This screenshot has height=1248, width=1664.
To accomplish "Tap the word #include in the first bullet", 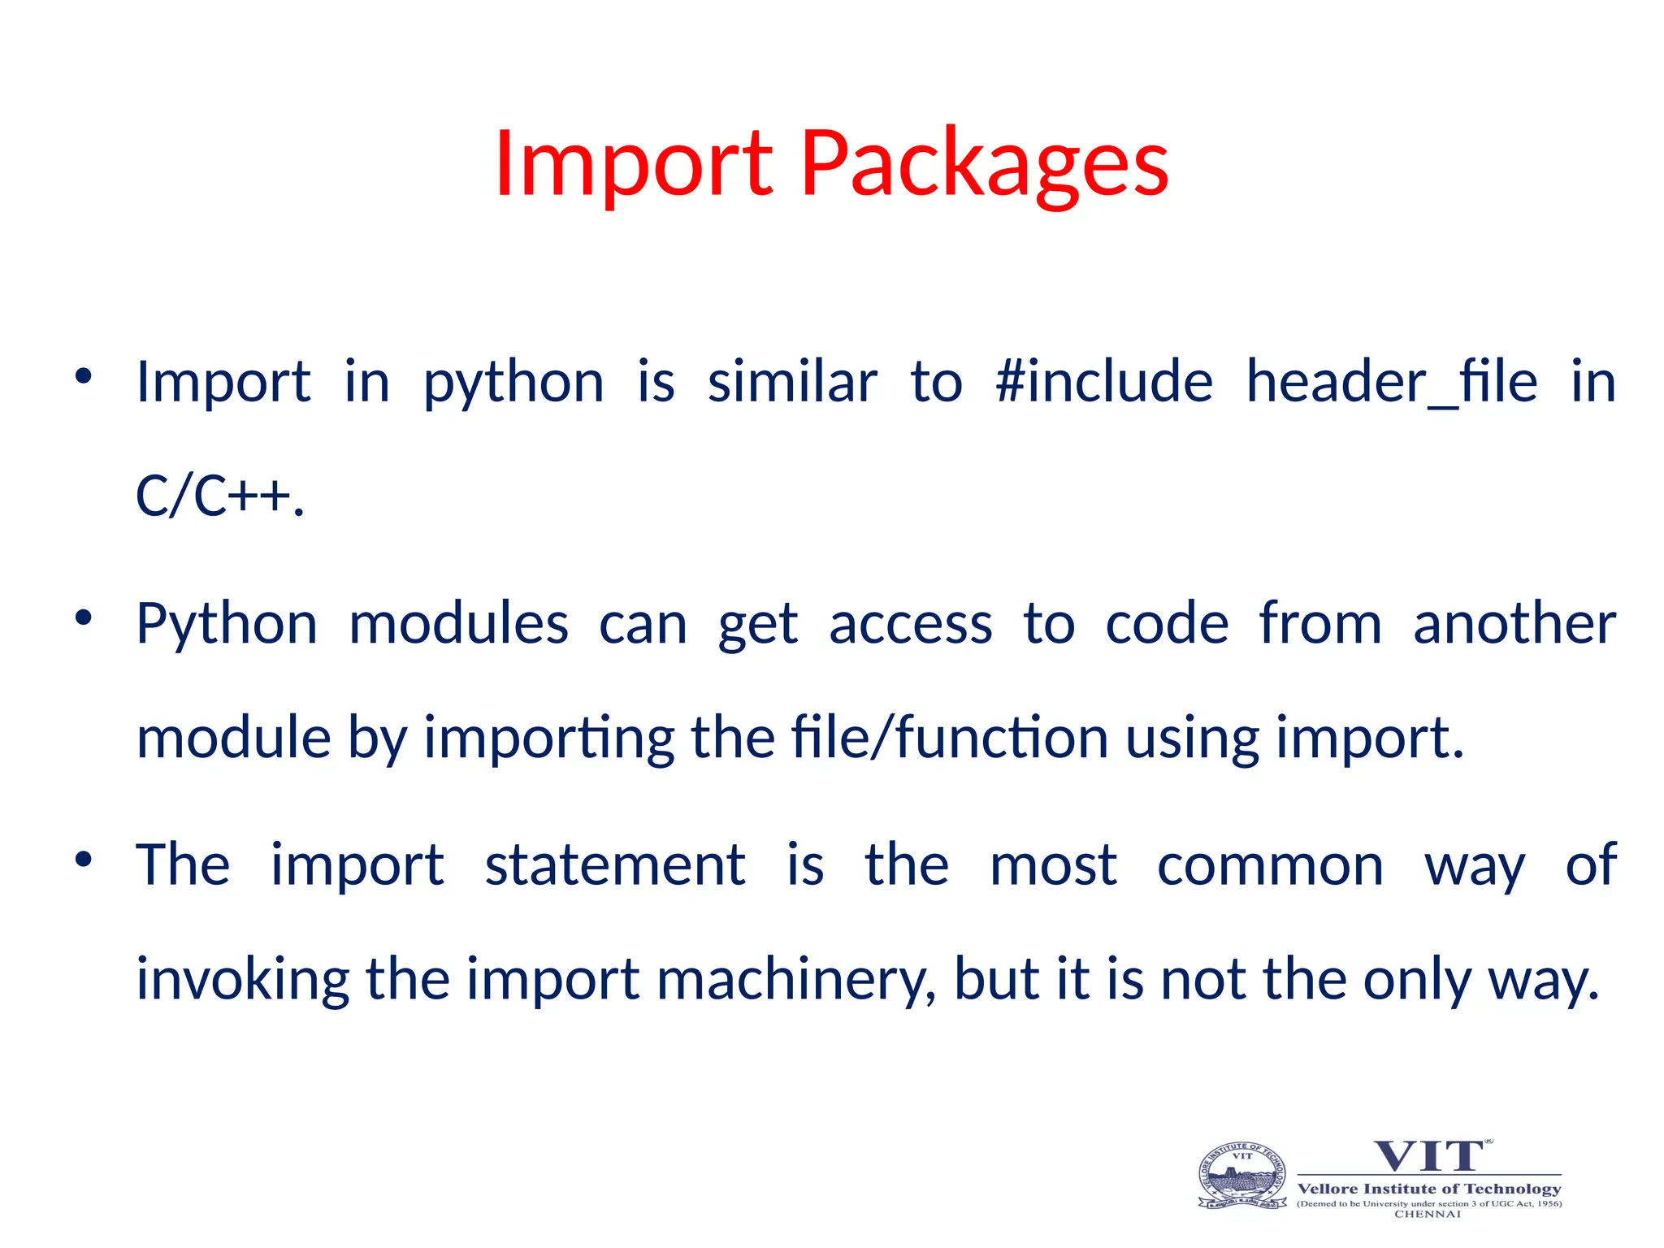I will pyautogui.click(x=1103, y=381).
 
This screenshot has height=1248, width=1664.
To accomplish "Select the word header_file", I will pyautogui.click(x=1391, y=381).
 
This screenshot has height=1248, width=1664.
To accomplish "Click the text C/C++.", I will pyautogui.click(x=219, y=496).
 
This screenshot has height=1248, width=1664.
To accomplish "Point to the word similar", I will pyautogui.click(x=792, y=381).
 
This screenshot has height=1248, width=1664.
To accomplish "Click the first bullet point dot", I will pyautogui.click(x=84, y=376).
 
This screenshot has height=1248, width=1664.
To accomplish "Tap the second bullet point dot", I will pyautogui.click(x=84, y=618).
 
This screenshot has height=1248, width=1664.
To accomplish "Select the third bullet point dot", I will pyautogui.click(x=84, y=860).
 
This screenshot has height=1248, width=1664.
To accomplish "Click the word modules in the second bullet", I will pyautogui.click(x=458, y=624).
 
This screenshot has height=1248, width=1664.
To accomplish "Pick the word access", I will pyautogui.click(x=910, y=624).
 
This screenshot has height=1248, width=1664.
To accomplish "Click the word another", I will pyautogui.click(x=1514, y=624).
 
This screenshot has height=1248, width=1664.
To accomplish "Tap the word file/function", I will pyautogui.click(x=949, y=738).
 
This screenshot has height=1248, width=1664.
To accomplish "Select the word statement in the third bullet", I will pyautogui.click(x=615, y=864).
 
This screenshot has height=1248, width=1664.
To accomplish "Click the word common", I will pyautogui.click(x=1270, y=864).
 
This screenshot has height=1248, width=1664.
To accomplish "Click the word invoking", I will pyautogui.click(x=242, y=979).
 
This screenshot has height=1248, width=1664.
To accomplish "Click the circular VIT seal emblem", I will pyautogui.click(x=1242, y=1176).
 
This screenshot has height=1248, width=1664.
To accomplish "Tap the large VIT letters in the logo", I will pyautogui.click(x=1428, y=1156).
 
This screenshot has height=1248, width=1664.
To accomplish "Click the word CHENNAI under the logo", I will pyautogui.click(x=1428, y=1214).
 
